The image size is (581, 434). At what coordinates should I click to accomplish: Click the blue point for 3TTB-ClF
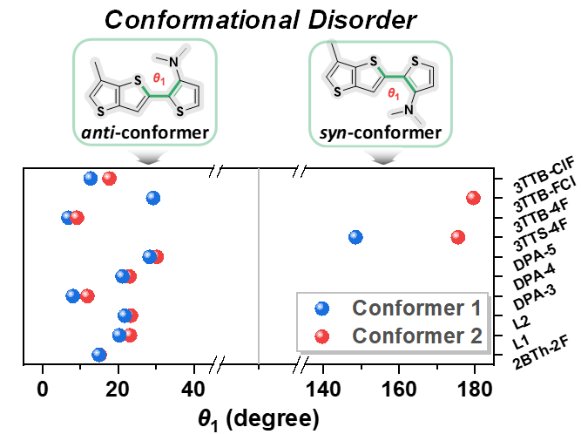pos(91,179)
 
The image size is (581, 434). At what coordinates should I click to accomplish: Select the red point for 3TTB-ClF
pos(109,179)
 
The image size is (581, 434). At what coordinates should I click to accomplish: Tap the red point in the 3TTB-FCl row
pos(473,198)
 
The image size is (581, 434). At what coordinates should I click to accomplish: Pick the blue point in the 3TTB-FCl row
pos(153,198)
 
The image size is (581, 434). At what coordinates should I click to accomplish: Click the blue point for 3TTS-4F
pos(355,237)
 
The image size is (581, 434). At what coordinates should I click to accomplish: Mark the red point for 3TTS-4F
pos(458,237)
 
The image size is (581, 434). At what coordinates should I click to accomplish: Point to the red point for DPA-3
pos(87,295)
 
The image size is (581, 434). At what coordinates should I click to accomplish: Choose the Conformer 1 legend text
pos(416,308)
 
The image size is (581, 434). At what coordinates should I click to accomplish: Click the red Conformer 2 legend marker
pos(321,336)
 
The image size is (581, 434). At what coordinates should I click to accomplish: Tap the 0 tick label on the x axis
pos(43,390)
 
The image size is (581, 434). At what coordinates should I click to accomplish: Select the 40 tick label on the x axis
pos(193,390)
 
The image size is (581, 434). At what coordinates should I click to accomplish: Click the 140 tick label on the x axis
pos(323,390)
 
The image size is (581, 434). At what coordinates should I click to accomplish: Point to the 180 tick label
pos(474,390)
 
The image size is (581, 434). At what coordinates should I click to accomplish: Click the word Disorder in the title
pos(362,20)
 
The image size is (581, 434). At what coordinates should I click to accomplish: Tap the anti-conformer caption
pos(145,132)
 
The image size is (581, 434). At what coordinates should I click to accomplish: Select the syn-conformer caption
pos(381,132)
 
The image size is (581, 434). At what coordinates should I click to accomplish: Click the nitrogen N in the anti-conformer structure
pos(174,62)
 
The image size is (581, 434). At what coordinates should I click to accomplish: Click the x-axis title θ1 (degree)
pos(258,419)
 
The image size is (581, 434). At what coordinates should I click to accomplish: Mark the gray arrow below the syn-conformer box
pos(383,157)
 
